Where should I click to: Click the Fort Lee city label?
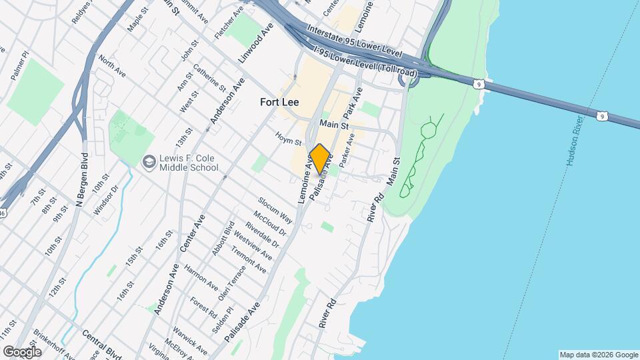279,103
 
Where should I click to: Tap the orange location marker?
319,159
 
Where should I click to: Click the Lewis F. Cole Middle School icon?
149,161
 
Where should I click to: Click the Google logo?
22,351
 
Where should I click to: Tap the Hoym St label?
289,139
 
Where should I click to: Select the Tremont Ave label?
249,259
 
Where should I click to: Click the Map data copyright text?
599,355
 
